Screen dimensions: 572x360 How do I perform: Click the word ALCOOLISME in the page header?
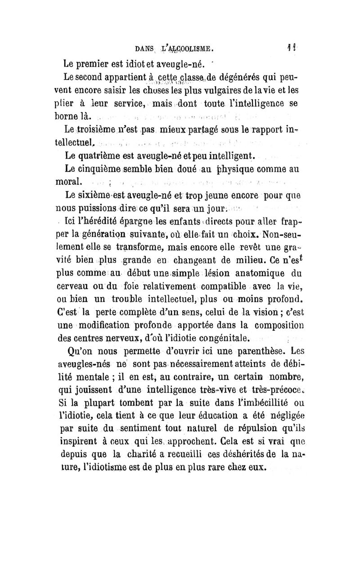point(194,46)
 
